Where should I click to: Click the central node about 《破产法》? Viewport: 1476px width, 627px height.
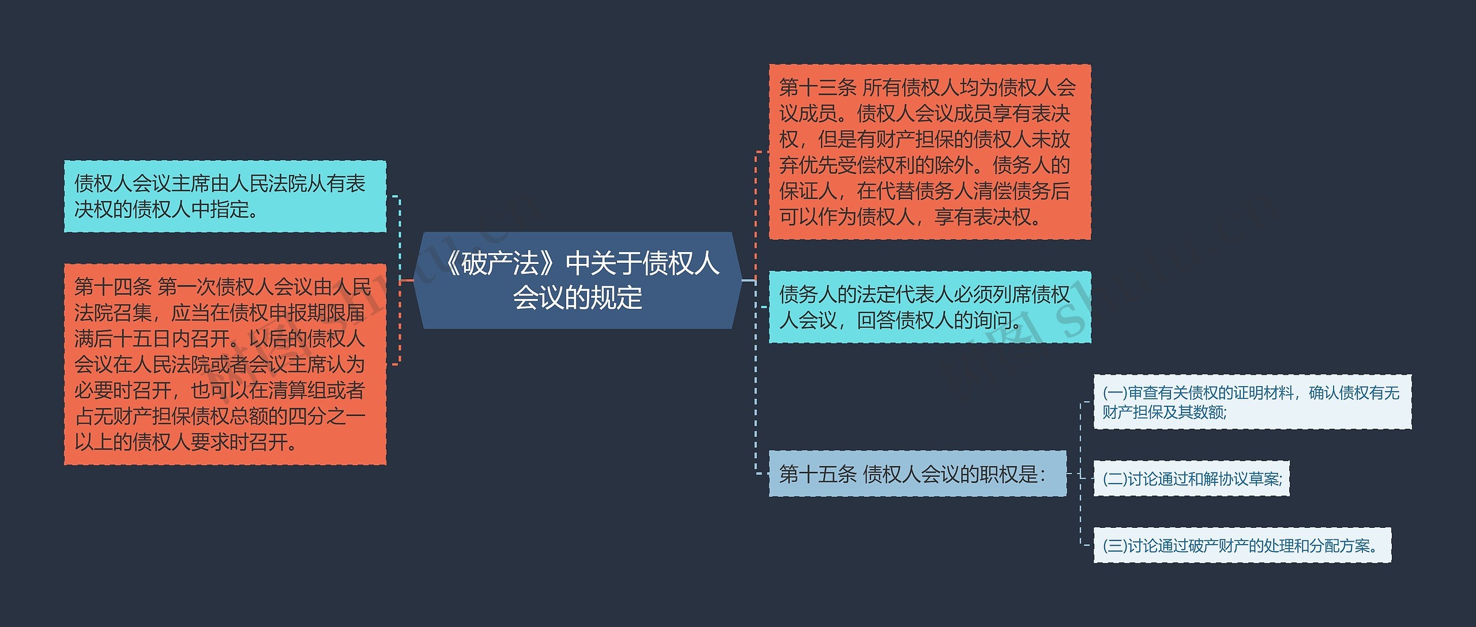click(x=578, y=281)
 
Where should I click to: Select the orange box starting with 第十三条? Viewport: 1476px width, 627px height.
click(x=929, y=152)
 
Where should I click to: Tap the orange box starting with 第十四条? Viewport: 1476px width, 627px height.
click(x=225, y=364)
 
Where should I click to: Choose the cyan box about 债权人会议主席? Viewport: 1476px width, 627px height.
click(x=225, y=197)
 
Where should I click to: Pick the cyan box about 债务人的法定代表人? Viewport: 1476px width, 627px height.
click(x=929, y=307)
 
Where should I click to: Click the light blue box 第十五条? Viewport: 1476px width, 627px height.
click(x=917, y=474)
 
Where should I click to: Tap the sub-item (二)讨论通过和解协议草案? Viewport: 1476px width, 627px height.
click(x=1191, y=478)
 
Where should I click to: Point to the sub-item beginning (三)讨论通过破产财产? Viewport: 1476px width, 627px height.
click(x=1242, y=546)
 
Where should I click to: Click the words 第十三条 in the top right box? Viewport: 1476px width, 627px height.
click(x=818, y=88)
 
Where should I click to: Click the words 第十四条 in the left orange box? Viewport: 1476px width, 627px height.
click(x=112, y=287)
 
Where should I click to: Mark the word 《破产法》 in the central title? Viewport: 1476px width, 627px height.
click(x=500, y=263)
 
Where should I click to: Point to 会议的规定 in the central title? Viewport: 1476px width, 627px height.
click(x=578, y=298)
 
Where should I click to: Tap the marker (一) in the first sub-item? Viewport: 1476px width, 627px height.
click(x=1114, y=393)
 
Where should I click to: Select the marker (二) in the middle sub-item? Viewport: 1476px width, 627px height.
click(x=1114, y=479)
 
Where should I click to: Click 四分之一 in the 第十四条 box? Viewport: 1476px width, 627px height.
click(x=326, y=417)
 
